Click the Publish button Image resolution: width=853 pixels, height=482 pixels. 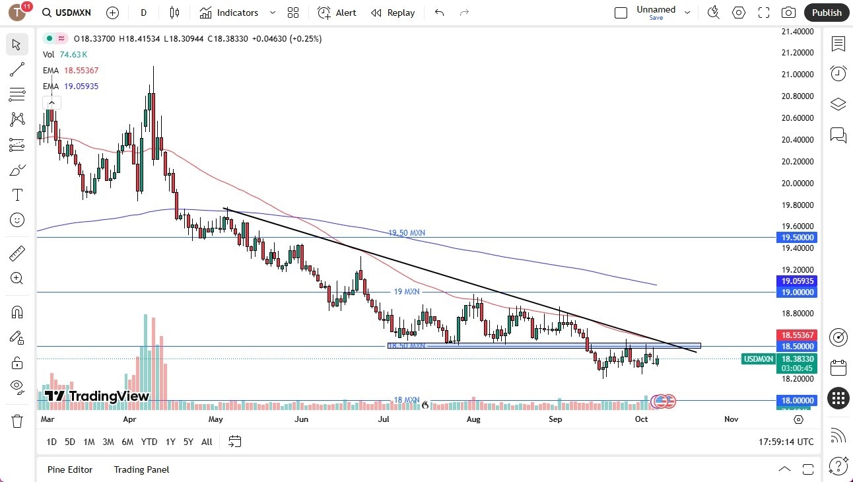(827, 13)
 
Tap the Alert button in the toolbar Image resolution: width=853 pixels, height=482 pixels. (337, 13)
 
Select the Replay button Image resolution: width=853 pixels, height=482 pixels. (393, 13)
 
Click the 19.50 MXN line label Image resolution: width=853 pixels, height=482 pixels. (406, 233)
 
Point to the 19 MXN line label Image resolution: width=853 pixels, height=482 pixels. (406, 291)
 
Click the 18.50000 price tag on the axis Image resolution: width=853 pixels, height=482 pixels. (797, 346)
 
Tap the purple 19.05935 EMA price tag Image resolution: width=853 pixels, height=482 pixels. (797, 281)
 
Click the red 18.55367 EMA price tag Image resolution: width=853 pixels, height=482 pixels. (797, 335)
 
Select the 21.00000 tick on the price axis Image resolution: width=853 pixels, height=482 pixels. (797, 75)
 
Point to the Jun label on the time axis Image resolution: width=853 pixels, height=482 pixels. (301, 419)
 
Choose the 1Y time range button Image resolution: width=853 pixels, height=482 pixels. (170, 442)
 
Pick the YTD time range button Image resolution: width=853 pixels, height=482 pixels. (149, 442)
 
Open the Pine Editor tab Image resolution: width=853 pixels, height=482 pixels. (70, 469)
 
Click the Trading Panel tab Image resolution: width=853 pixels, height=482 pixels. (141, 469)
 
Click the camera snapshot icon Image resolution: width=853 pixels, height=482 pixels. (788, 13)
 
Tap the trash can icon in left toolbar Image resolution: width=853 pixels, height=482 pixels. (17, 421)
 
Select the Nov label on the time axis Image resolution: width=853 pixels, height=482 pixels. (731, 419)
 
